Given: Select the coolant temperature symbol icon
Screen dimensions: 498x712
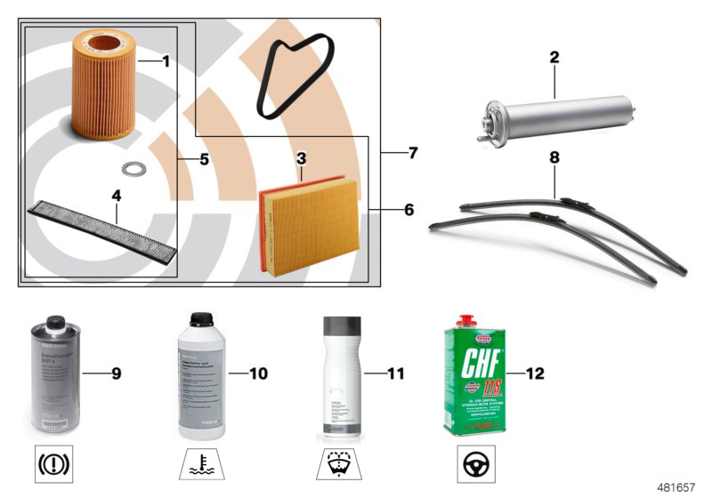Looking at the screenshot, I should coord(198,463).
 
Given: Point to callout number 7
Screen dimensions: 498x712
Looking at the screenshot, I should coord(412,153).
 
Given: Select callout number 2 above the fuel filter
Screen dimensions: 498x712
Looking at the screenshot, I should coord(554,58).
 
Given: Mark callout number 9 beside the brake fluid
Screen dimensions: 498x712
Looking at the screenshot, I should coord(116,373).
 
